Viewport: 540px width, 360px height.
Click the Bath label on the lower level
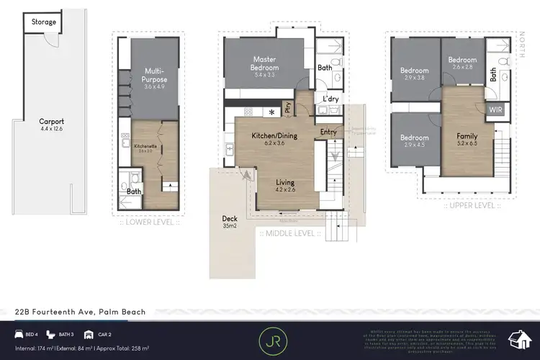(134, 192)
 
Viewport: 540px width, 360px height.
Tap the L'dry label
(330, 98)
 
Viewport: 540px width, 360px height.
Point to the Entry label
(328, 132)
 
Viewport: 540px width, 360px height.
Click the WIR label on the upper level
(495, 109)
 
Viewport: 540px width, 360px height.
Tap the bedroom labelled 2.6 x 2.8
(462, 63)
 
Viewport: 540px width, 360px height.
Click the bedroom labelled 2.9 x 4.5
(414, 141)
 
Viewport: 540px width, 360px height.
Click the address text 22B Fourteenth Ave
(81, 312)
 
